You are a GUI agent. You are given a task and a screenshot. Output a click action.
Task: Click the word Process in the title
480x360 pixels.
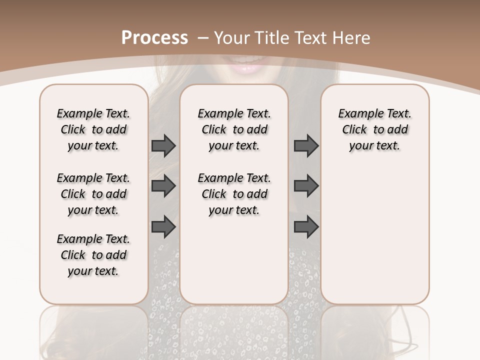coord(154,38)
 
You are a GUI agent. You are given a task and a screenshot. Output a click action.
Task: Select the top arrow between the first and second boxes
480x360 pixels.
coord(163,145)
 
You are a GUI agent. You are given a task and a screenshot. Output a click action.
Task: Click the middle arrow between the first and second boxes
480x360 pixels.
coord(163,186)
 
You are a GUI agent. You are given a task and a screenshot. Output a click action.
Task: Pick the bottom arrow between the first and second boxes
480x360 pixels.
coord(163,226)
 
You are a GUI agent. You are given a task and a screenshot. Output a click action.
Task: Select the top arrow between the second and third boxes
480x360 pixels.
coord(306,145)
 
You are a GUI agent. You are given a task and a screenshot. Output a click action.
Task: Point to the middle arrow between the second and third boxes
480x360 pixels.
coord(306,186)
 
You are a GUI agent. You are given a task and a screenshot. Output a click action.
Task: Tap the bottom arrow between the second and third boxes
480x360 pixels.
coord(306,226)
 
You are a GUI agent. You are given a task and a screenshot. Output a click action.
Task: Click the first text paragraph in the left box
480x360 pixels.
coord(93,129)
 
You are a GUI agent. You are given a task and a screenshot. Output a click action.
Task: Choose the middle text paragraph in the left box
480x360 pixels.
coord(93,194)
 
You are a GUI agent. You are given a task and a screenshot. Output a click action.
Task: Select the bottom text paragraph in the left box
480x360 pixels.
coord(93,255)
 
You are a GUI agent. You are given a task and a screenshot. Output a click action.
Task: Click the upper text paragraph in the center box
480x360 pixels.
coord(234,129)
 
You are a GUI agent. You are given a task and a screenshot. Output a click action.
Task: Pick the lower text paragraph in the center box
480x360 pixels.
coord(234,194)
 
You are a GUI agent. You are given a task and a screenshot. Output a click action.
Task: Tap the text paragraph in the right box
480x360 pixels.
coord(375,129)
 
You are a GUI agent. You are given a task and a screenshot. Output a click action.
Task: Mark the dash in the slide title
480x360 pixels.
coord(203,38)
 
